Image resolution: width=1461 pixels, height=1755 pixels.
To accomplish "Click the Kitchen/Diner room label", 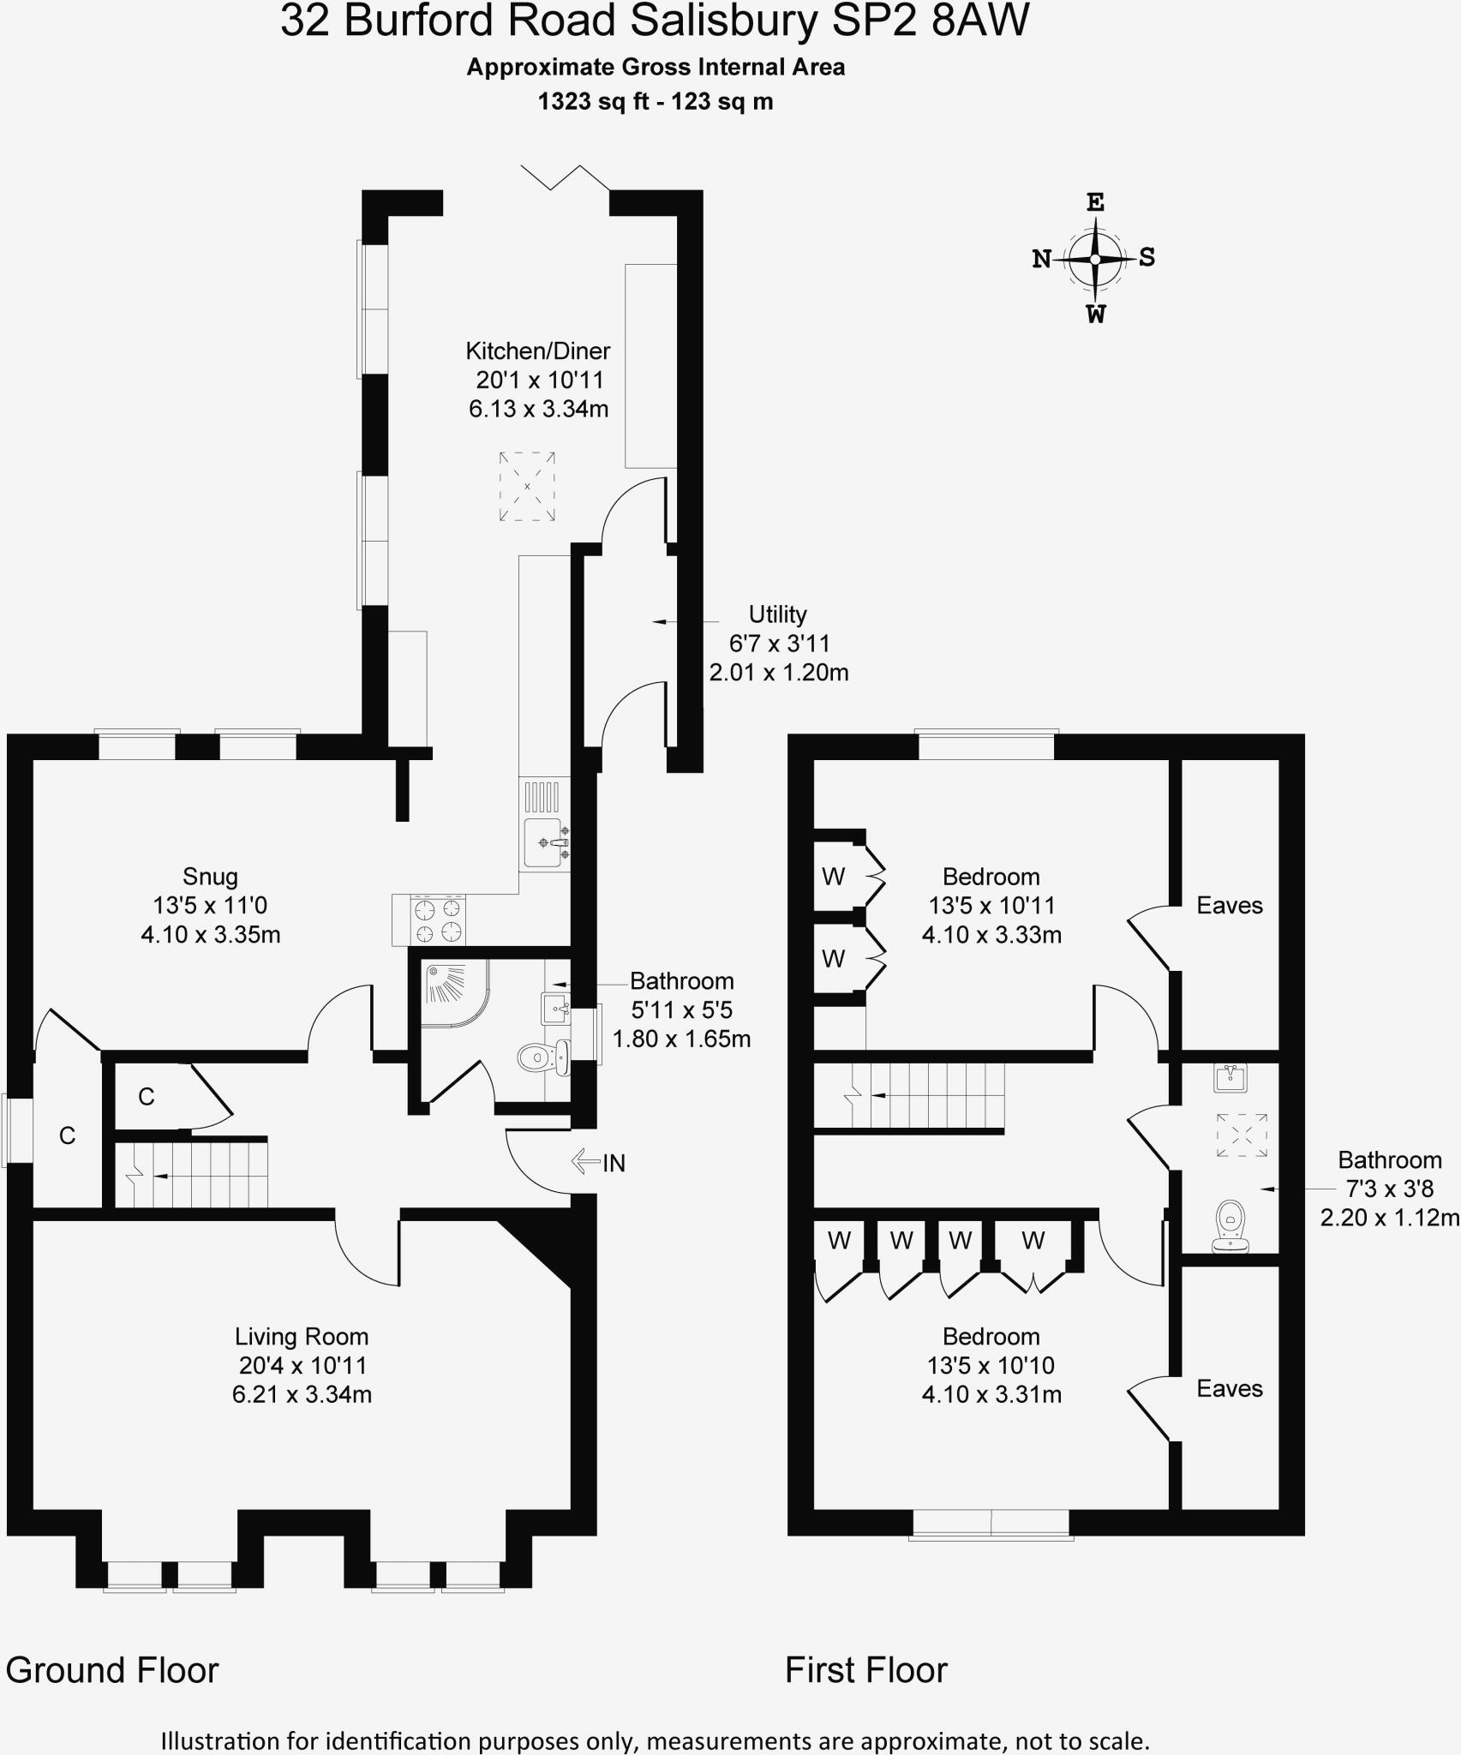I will (x=538, y=350).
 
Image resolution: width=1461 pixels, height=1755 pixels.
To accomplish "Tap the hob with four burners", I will (x=438, y=920).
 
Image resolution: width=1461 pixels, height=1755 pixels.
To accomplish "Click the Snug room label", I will (x=210, y=876).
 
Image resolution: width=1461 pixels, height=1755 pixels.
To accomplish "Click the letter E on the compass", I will (x=1095, y=203).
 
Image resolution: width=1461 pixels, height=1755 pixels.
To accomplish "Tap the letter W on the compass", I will (x=1095, y=314).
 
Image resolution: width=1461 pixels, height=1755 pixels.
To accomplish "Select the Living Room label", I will (x=302, y=1336).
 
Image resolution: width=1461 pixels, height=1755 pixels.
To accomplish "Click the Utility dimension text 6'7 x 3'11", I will (x=779, y=643).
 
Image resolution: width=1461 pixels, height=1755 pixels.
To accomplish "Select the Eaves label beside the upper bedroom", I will (x=1230, y=905).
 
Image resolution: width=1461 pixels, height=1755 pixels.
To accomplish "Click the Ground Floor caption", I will (x=112, y=1670).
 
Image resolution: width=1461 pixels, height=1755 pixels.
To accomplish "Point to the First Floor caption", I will (x=865, y=1670).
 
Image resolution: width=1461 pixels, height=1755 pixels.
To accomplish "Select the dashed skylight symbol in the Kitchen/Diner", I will (x=527, y=486).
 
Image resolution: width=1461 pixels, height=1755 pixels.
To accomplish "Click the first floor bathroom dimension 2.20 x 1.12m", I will (x=1389, y=1217).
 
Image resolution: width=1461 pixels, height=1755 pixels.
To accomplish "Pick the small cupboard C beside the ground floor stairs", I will (x=147, y=1096).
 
